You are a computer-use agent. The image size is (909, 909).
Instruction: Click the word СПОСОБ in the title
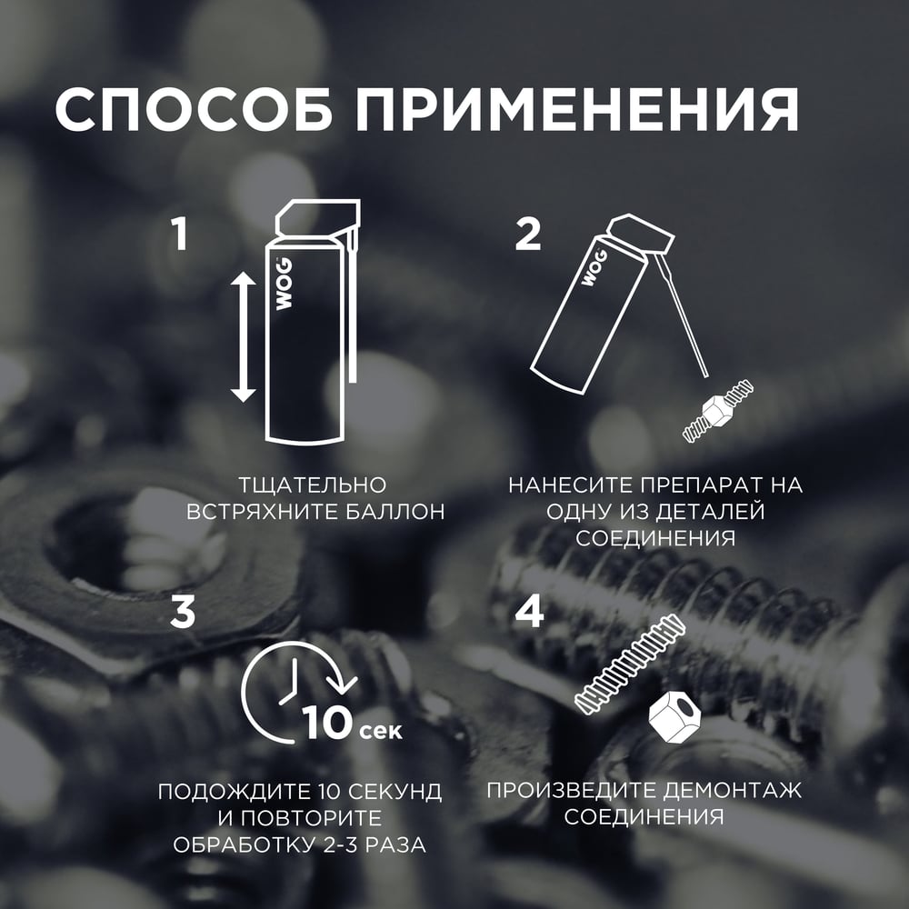click(x=194, y=110)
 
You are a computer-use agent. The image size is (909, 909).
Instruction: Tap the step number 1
click(x=181, y=234)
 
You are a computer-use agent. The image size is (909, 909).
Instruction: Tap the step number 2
click(x=528, y=234)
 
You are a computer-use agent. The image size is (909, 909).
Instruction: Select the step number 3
click(x=183, y=612)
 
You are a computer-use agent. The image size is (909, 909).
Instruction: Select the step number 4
click(x=529, y=612)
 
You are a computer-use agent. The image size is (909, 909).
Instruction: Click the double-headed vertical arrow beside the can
click(x=244, y=337)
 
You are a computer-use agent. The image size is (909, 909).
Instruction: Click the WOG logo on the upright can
click(x=284, y=284)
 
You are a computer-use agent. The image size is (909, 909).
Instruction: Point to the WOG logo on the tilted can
click(x=594, y=266)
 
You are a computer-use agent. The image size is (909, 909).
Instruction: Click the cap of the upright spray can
click(x=317, y=218)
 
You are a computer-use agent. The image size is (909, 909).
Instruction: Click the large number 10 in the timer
click(x=327, y=722)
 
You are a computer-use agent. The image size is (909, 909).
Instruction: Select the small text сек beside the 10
click(x=380, y=731)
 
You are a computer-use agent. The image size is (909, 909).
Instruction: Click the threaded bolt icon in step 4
click(x=630, y=664)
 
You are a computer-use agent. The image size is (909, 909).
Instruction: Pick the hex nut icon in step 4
click(x=674, y=716)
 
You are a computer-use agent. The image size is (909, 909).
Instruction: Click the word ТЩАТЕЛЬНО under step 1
click(x=313, y=485)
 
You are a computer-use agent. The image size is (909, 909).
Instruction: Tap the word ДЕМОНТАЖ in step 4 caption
click(x=733, y=790)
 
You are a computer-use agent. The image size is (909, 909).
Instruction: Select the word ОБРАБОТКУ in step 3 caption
click(x=243, y=844)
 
